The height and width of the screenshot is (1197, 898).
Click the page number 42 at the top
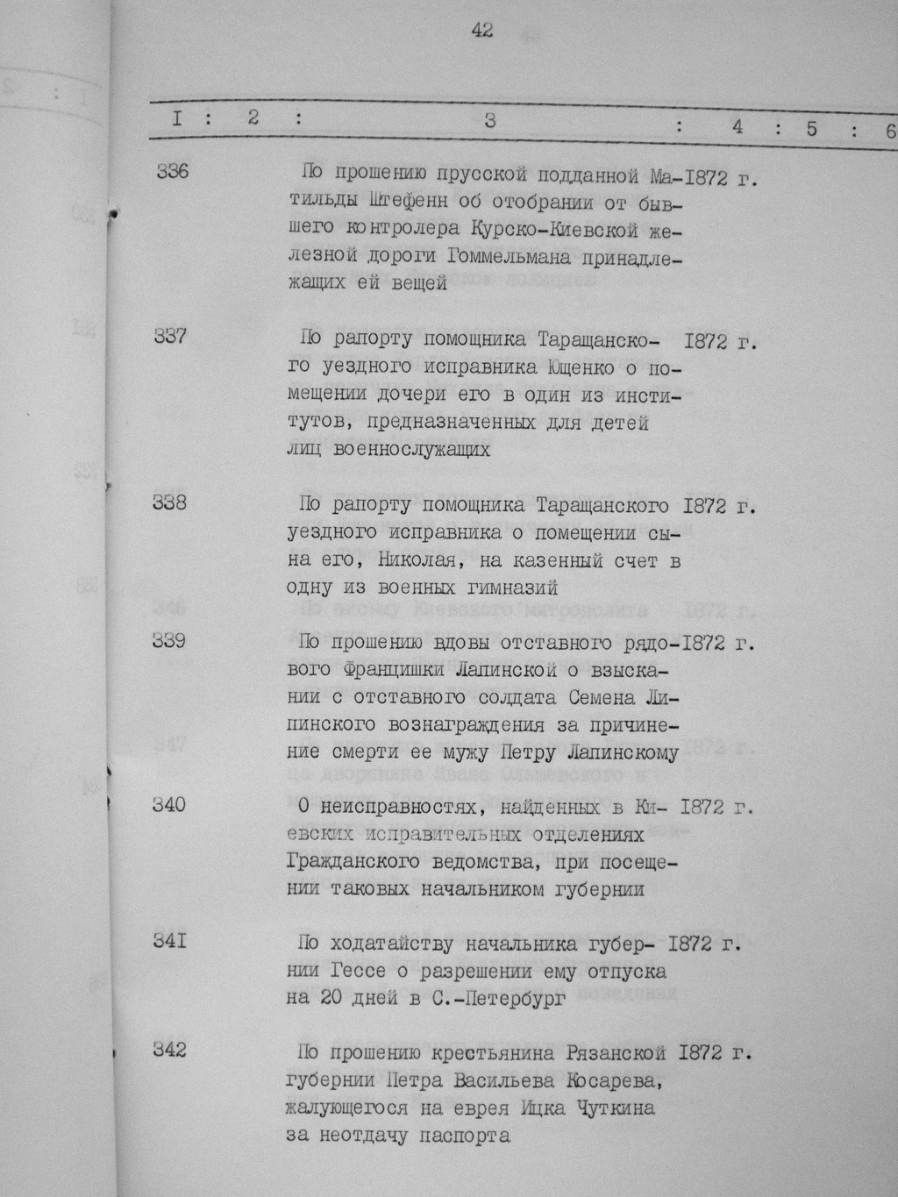481,31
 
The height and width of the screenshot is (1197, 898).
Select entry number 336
172,172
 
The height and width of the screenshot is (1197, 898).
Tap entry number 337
170,336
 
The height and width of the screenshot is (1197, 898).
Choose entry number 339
169,641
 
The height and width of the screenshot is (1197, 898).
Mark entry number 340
169,804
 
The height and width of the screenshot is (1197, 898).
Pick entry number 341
169,942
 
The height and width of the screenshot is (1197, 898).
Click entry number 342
169,1050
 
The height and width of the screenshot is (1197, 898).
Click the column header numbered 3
489,121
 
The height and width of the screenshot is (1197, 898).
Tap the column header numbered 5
811,128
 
